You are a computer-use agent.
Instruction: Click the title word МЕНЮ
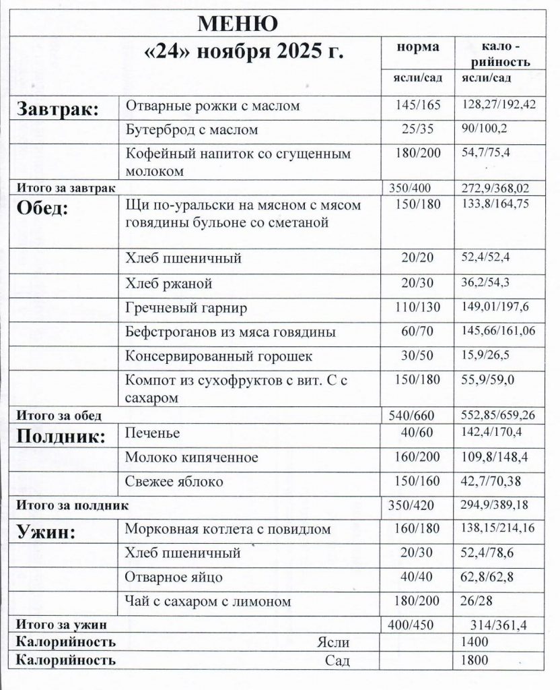[237, 24]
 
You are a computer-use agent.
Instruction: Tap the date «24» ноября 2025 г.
[245, 54]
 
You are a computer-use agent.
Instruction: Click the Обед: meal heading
[42, 208]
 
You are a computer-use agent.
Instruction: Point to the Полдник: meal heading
[61, 437]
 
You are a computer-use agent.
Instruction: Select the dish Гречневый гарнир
[186, 308]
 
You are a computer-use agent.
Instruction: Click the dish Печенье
[152, 433]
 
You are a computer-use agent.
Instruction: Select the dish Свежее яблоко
[174, 482]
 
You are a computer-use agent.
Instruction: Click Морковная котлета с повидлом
[228, 529]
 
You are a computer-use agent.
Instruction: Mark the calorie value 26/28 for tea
[477, 600]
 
